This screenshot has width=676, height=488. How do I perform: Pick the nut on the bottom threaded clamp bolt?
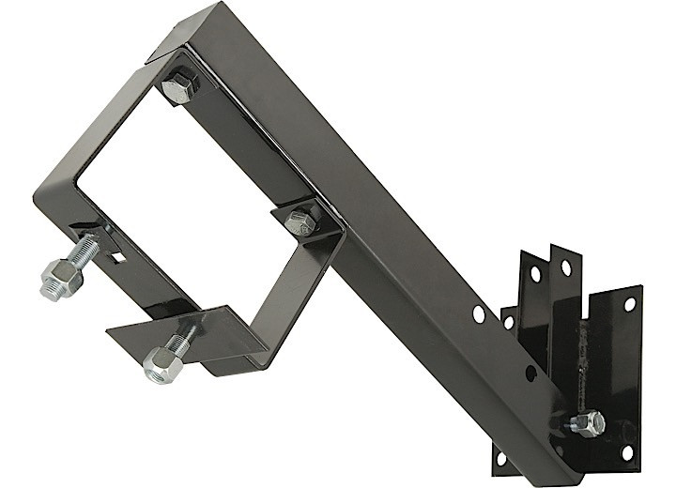(161, 364)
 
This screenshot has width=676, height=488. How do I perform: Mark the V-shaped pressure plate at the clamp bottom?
(178, 325)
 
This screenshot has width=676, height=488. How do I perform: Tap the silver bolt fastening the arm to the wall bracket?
(588, 422)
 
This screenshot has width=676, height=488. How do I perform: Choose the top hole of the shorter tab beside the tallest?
(534, 276)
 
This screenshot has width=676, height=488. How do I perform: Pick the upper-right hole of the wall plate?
(628, 304)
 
